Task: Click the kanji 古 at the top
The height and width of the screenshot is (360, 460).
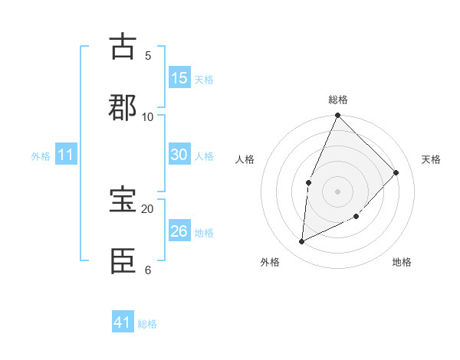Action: pos(123,47)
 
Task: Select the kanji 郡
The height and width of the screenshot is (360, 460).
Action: pos(123,107)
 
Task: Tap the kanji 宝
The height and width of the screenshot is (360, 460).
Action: pos(123,200)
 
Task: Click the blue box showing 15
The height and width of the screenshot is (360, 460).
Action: pos(179,78)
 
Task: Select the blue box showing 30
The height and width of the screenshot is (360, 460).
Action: pos(179,155)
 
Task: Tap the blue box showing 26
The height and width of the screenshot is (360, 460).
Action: pos(179,231)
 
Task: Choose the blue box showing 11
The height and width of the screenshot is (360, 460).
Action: pos(66,155)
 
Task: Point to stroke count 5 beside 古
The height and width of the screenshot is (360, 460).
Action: pos(148,56)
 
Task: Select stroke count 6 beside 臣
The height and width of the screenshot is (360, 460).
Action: pos(148,270)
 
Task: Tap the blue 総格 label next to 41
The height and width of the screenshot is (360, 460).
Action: pos(147,324)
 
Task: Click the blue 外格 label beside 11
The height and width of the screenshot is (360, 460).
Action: pos(41,156)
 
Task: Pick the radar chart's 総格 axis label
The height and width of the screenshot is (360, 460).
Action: pos(338,100)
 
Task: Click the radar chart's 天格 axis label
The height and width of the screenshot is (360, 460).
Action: pos(431,159)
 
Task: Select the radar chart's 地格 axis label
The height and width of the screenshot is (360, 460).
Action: pos(402,262)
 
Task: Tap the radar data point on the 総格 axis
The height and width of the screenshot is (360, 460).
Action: pos(338,116)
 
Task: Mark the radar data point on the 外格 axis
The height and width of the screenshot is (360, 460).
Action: pos(301,242)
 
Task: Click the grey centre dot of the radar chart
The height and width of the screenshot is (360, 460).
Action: pos(338,191)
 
